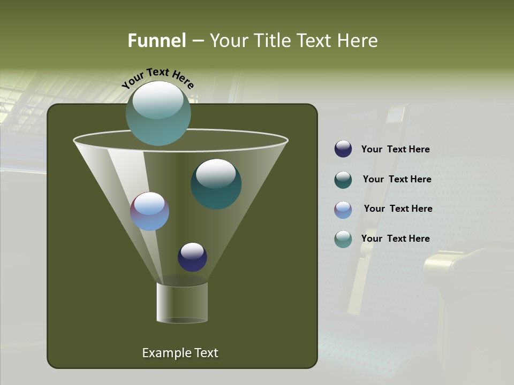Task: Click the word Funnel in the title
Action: (x=156, y=41)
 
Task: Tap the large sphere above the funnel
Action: (x=158, y=113)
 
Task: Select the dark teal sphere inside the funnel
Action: (x=216, y=184)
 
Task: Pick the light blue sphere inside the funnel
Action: (x=149, y=212)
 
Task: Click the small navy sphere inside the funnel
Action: (x=192, y=257)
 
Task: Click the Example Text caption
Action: (x=180, y=353)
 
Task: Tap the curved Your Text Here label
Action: (x=157, y=78)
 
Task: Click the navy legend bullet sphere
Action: (x=343, y=149)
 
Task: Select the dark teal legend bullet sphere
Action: (x=343, y=180)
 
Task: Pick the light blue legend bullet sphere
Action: (x=343, y=210)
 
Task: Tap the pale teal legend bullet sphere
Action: (x=343, y=239)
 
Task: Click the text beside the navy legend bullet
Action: (x=395, y=150)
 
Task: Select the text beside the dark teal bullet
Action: (x=397, y=180)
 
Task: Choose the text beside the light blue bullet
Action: (x=398, y=209)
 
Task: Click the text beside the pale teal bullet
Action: (x=395, y=238)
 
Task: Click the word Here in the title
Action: (x=358, y=41)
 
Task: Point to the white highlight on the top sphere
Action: (x=158, y=100)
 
